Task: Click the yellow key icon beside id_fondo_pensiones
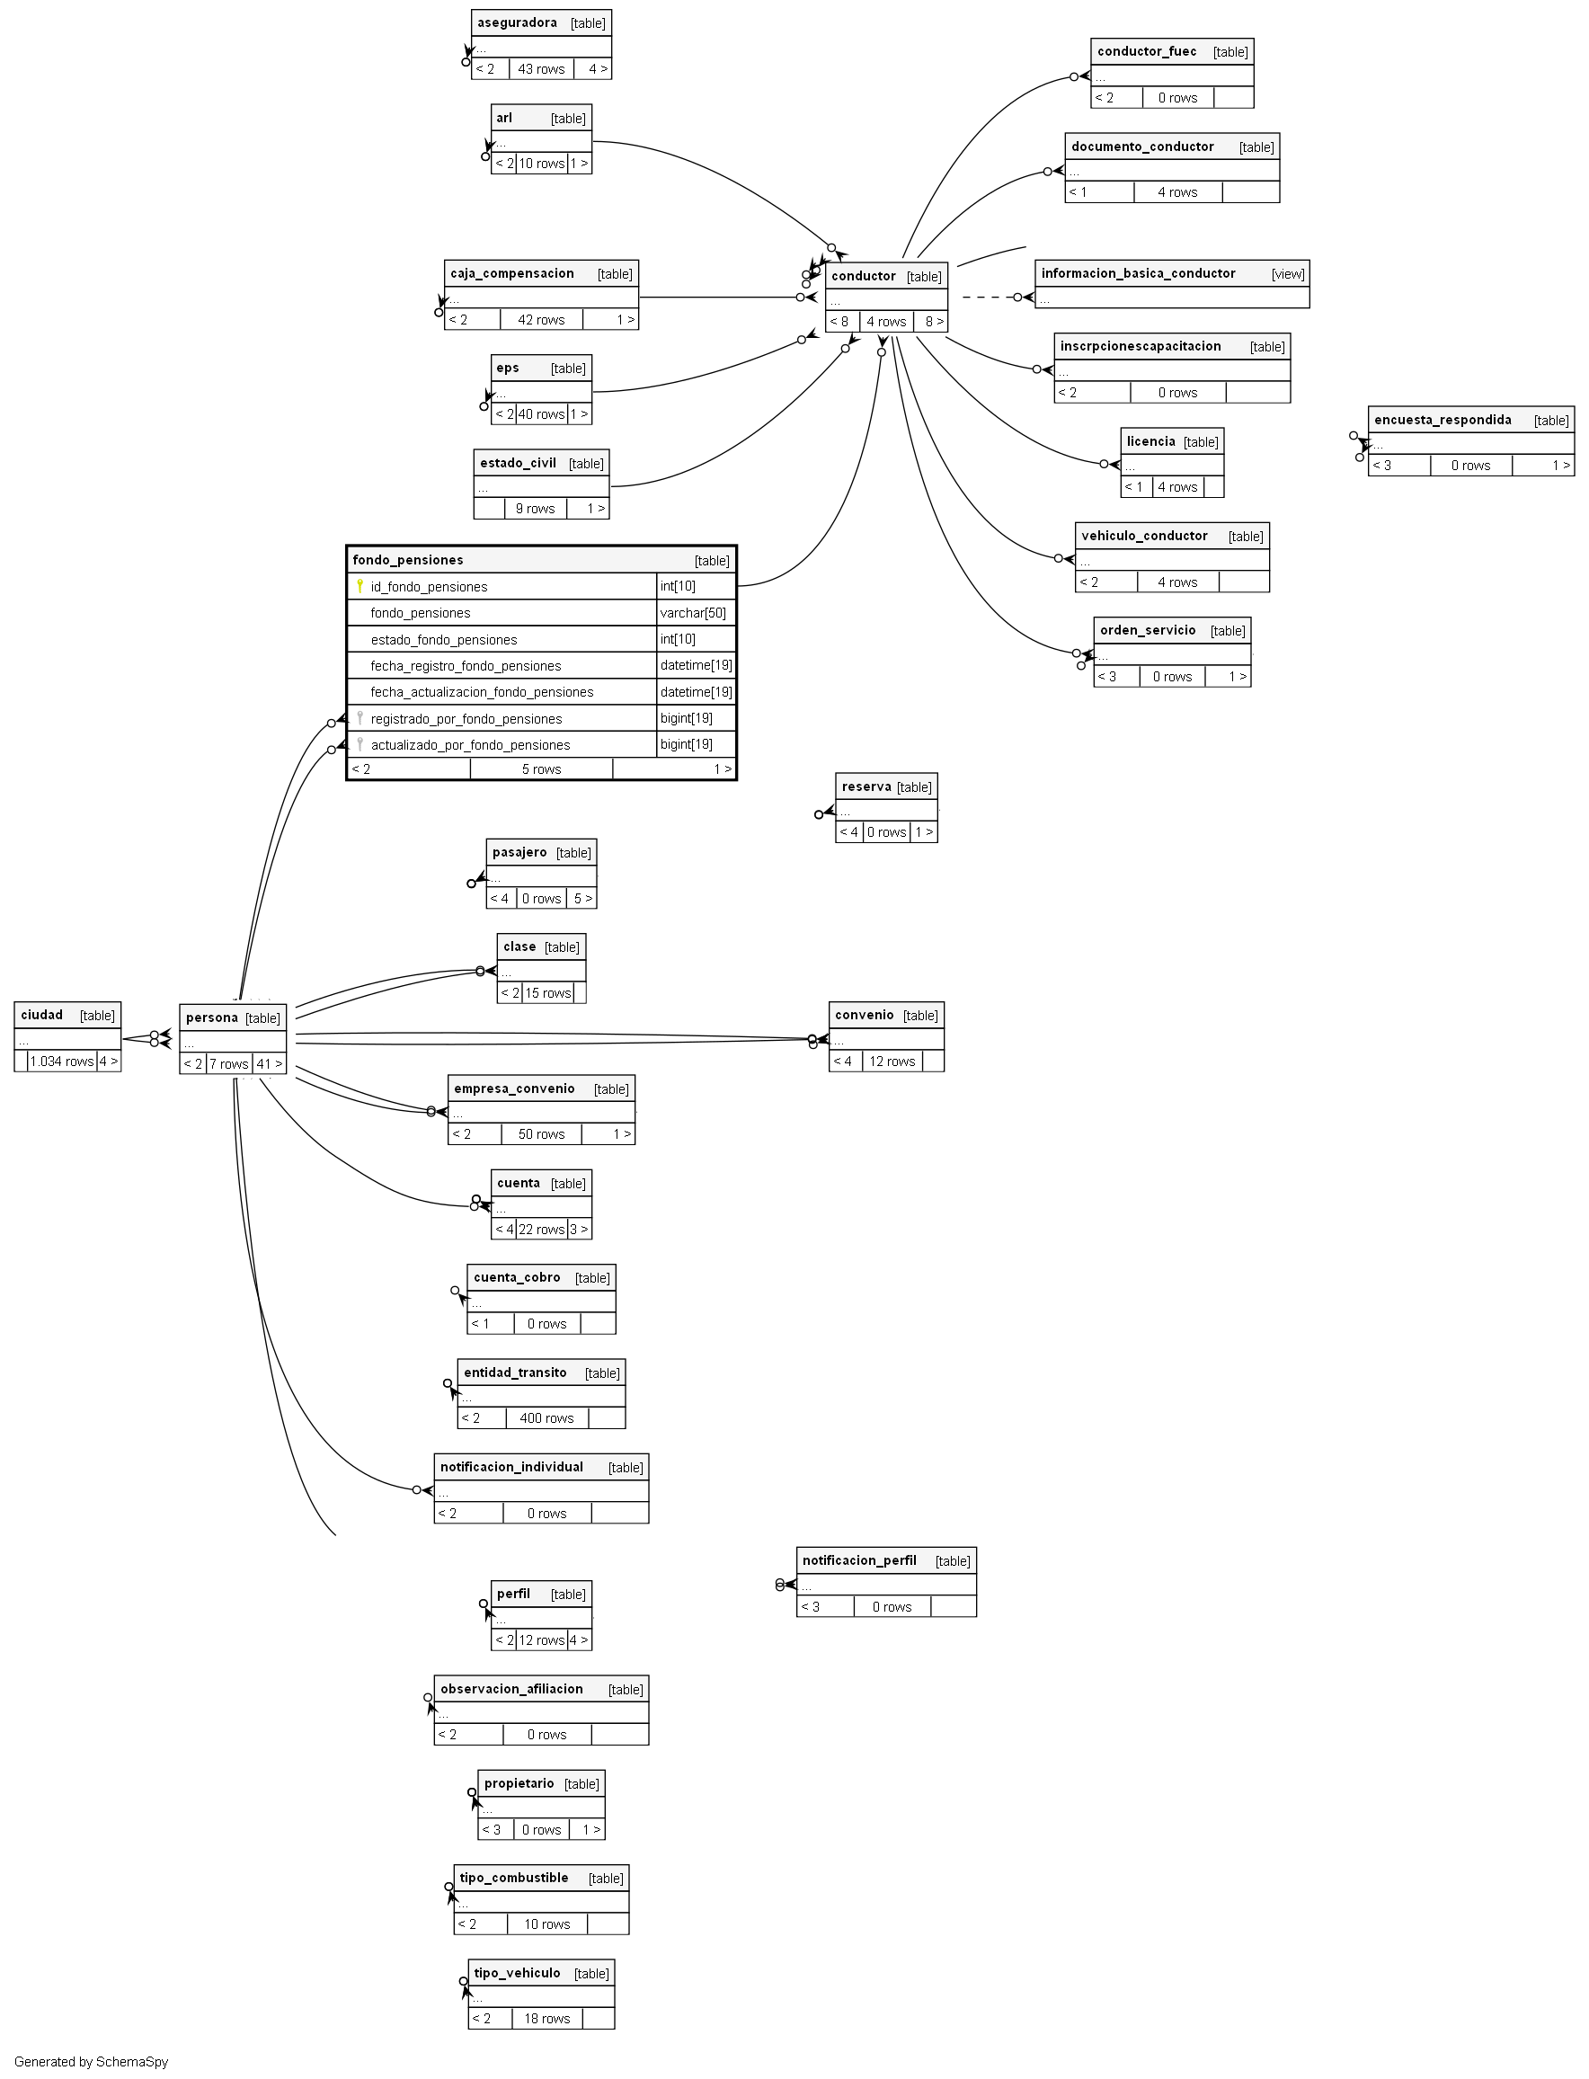click(x=360, y=586)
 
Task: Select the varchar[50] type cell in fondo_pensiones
click(x=693, y=613)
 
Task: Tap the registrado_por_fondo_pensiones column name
click(x=466, y=719)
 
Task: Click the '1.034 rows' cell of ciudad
click(x=61, y=1062)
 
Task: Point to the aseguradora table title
click(x=517, y=22)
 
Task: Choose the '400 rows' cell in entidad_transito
click(x=546, y=1418)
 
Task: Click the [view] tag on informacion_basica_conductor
click(x=1288, y=273)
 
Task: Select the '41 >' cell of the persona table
click(x=270, y=1064)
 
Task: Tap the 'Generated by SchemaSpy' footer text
click(x=91, y=2062)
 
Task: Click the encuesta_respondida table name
click(x=1443, y=420)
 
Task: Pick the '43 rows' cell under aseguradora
click(x=541, y=69)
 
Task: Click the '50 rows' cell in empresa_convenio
click(x=541, y=1134)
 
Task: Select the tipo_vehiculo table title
click(x=517, y=1973)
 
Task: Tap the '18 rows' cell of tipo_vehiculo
click(x=546, y=2019)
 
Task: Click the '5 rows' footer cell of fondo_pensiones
click(x=541, y=769)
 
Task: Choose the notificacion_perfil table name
click(x=859, y=1560)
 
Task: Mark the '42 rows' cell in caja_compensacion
click(x=541, y=320)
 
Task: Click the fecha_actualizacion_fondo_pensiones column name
click(x=482, y=692)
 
